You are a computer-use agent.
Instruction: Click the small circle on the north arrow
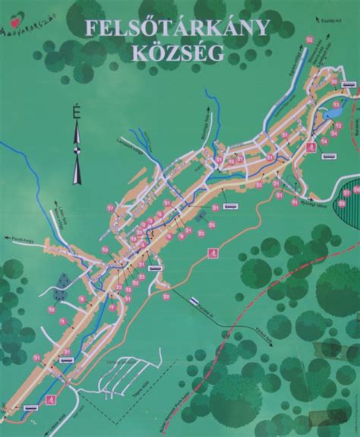pyautogui.click(x=76, y=149)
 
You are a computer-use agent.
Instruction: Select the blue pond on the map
pyautogui.click(x=333, y=112)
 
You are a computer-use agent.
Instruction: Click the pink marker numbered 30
pyautogui.click(x=334, y=81)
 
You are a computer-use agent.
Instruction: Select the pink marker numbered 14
pyautogui.click(x=324, y=141)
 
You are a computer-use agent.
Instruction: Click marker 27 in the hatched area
pyautogui.click(x=346, y=192)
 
